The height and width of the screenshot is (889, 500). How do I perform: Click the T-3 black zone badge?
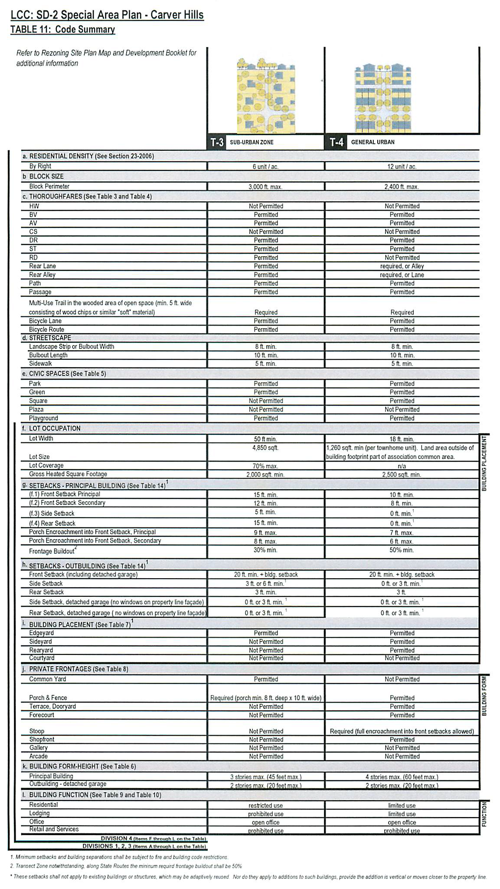coord(217,142)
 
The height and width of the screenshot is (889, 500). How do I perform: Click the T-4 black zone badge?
coord(336,142)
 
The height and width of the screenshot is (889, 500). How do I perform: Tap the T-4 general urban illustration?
coord(383,98)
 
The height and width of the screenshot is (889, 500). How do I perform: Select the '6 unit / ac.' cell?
coord(265,166)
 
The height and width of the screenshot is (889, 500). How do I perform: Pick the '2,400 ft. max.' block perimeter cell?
coord(402,187)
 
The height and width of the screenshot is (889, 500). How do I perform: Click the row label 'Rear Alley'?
coord(42,275)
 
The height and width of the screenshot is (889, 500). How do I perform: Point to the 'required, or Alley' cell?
coord(402,266)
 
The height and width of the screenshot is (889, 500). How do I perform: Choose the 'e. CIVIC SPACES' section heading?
coord(67,374)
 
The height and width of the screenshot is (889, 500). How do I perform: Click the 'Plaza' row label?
coord(36,410)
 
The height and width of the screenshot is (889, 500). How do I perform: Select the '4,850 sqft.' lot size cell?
coord(265,448)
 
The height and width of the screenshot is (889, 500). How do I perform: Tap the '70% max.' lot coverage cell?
coord(265,466)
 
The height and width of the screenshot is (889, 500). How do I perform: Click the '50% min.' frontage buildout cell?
coord(402,550)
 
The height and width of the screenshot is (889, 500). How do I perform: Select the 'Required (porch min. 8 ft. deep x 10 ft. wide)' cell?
coord(266,698)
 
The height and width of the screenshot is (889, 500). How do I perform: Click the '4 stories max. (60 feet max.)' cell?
coord(402,777)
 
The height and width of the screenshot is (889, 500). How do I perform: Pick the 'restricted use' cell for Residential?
coord(265,805)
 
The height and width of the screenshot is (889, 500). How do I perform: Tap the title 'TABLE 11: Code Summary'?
coord(63,29)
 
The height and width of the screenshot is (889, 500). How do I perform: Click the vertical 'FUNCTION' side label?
coord(484,814)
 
